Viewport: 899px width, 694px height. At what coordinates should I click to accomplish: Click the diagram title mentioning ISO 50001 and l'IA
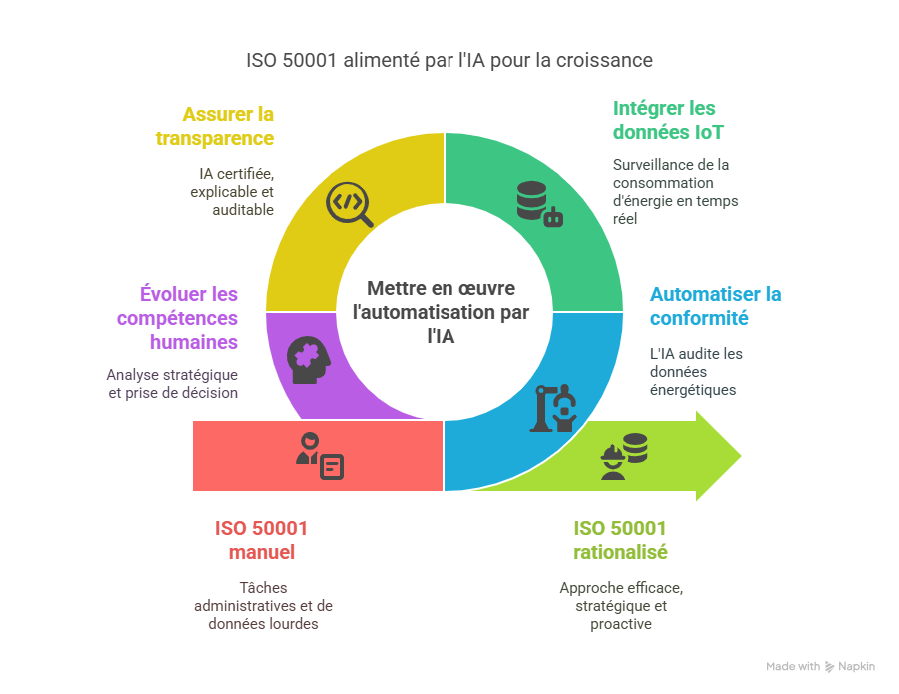(x=449, y=60)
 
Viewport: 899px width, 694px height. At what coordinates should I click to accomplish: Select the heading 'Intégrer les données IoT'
(x=664, y=120)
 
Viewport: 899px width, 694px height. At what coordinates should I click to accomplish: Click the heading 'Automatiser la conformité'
(x=715, y=306)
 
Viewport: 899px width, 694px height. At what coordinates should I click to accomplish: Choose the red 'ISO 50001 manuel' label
(x=261, y=540)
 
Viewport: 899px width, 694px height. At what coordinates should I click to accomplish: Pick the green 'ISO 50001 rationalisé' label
(x=620, y=540)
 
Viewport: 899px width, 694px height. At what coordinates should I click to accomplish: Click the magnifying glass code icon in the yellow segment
(x=350, y=205)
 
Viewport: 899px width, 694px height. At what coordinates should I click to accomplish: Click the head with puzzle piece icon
(x=307, y=358)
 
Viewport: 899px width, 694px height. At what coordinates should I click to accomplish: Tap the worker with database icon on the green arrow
(x=623, y=456)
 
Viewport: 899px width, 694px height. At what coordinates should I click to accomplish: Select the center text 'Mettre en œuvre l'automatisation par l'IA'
(x=441, y=312)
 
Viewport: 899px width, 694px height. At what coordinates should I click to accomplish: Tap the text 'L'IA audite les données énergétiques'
(x=696, y=371)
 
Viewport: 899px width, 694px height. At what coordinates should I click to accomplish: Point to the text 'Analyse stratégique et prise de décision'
(x=172, y=384)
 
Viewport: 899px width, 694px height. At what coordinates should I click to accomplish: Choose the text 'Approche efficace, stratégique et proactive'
(x=621, y=605)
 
